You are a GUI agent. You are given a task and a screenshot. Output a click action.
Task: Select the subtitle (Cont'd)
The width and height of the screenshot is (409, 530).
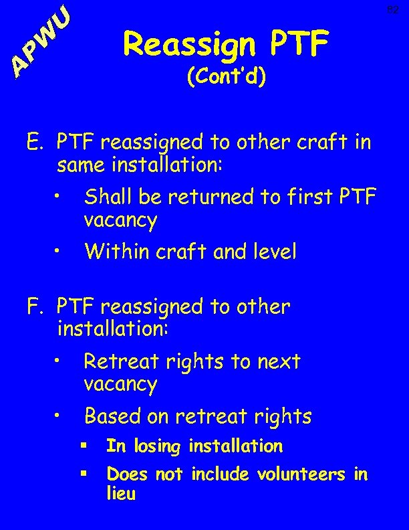point(227,78)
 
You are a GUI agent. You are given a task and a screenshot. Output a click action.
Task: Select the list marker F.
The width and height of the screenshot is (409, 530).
point(36,307)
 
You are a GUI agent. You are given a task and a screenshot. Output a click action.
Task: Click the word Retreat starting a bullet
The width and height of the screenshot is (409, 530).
point(116,362)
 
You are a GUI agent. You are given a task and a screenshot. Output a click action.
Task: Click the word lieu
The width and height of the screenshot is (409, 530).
point(121,495)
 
